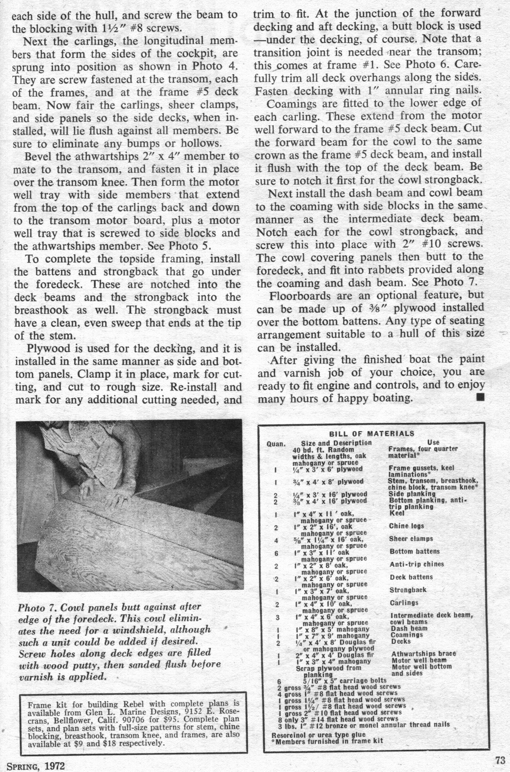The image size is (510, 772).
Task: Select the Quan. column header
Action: (276, 443)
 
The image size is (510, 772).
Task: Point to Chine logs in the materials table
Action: (406, 526)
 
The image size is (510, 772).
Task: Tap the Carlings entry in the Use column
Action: (404, 603)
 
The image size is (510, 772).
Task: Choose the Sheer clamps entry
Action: (411, 539)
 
